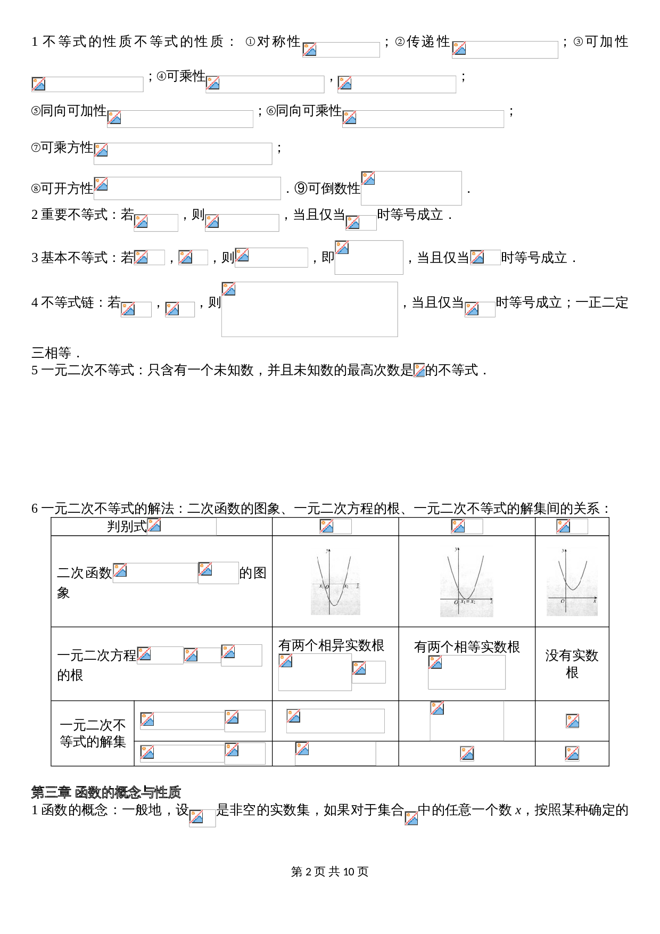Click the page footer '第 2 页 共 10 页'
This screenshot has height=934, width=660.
pos(330,872)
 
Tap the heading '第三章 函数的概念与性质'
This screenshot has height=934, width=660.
pos(106,792)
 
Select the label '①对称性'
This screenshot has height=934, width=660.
pos(273,42)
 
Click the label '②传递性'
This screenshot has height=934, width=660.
pos(423,42)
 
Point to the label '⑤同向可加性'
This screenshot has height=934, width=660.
pos(69,111)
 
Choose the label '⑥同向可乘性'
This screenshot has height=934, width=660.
pos(304,111)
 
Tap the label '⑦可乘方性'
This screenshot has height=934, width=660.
pos(62,148)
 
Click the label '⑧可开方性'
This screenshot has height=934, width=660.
pos(62,189)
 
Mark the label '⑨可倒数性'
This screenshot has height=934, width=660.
pos(327,189)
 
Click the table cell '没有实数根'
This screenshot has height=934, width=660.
pos(572,663)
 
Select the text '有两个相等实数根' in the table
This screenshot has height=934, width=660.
pos(467,647)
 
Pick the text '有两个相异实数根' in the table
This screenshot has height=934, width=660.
pos(331,645)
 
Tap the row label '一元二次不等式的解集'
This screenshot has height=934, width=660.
pos(93,733)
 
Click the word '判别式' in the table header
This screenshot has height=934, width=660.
pos(127,527)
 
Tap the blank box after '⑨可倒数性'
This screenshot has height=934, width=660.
pos(411,188)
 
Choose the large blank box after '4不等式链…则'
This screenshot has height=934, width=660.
pos(310,309)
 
